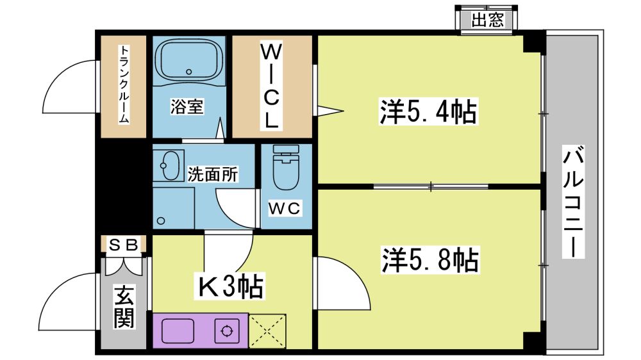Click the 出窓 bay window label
point(487,20)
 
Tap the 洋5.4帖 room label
point(428,111)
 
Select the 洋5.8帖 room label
point(430,260)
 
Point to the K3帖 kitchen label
point(230,287)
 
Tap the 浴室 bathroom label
point(187,107)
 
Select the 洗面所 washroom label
point(213,174)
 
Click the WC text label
point(285,209)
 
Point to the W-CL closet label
point(271,86)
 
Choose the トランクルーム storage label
point(124,84)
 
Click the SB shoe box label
point(123,245)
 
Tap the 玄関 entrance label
point(124,307)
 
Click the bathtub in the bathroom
point(188,61)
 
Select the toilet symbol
point(286,168)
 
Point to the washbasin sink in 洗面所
point(170,165)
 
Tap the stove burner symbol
point(226,331)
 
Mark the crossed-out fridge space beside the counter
point(267,331)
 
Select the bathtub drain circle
point(188,72)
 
